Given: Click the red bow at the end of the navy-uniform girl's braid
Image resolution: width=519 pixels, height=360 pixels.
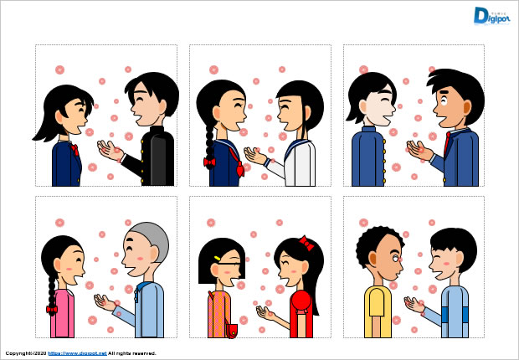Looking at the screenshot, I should pyautogui.click(x=209, y=162).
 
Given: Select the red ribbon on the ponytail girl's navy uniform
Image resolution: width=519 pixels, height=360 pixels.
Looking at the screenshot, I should pyautogui.click(x=75, y=151).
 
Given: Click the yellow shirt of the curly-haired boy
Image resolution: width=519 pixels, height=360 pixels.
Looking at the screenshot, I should pyautogui.click(x=377, y=311).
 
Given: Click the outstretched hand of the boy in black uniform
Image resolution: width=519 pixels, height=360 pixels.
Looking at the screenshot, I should pyautogui.click(x=108, y=151).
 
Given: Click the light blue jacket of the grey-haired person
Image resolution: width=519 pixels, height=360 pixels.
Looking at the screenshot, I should pyautogui.click(x=150, y=310).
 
